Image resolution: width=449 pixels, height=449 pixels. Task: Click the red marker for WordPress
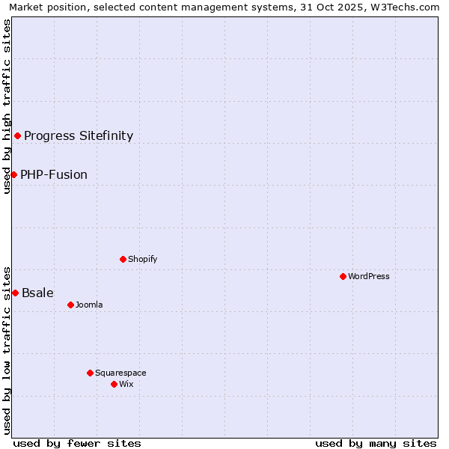[x=343, y=276]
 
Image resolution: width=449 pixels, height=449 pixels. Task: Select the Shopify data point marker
[x=123, y=259]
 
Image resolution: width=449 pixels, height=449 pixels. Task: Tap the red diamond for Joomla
[x=71, y=305]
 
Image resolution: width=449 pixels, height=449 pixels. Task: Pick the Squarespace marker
[x=90, y=373]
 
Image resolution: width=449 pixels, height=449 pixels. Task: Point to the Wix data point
[x=114, y=384]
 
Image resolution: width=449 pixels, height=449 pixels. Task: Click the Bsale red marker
[x=15, y=293]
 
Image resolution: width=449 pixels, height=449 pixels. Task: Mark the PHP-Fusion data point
[x=13, y=174]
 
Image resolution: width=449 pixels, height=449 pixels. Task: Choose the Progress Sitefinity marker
[x=17, y=135]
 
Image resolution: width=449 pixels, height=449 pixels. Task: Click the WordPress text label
[x=369, y=276]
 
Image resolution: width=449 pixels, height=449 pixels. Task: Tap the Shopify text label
[x=142, y=259]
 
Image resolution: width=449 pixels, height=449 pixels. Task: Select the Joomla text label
[x=89, y=305]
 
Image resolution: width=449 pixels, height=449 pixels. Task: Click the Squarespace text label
[x=120, y=373]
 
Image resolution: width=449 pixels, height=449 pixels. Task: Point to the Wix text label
[x=126, y=384]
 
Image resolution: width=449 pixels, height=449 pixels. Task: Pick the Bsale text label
[x=37, y=293]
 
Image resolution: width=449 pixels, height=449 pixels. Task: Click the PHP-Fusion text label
[x=54, y=174]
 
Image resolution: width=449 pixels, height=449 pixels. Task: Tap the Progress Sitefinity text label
[x=79, y=135]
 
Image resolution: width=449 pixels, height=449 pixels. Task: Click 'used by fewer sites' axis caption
[x=77, y=443]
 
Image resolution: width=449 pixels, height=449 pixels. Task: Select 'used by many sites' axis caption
[x=376, y=443]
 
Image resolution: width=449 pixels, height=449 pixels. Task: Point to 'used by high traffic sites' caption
[x=7, y=106]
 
